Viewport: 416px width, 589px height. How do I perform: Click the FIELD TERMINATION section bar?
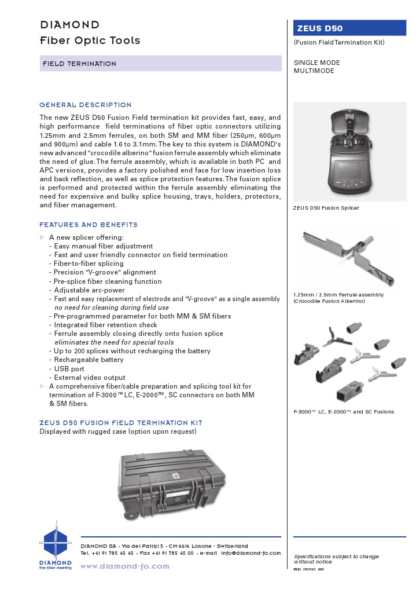click(160, 64)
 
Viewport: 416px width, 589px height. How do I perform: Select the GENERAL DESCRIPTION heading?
click(86, 105)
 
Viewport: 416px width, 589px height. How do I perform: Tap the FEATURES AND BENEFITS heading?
click(89, 225)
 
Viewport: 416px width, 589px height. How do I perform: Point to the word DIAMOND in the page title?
click(69, 25)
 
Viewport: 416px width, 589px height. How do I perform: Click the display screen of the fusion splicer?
click(349, 173)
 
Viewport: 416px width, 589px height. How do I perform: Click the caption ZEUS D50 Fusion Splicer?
click(326, 207)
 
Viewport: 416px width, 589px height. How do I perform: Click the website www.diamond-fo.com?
click(124, 566)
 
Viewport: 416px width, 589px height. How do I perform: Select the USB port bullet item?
click(69, 368)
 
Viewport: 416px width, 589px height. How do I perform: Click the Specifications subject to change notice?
click(336, 558)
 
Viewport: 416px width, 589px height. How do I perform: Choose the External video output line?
click(90, 378)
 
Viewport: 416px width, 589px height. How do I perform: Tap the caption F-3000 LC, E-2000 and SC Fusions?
click(344, 412)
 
